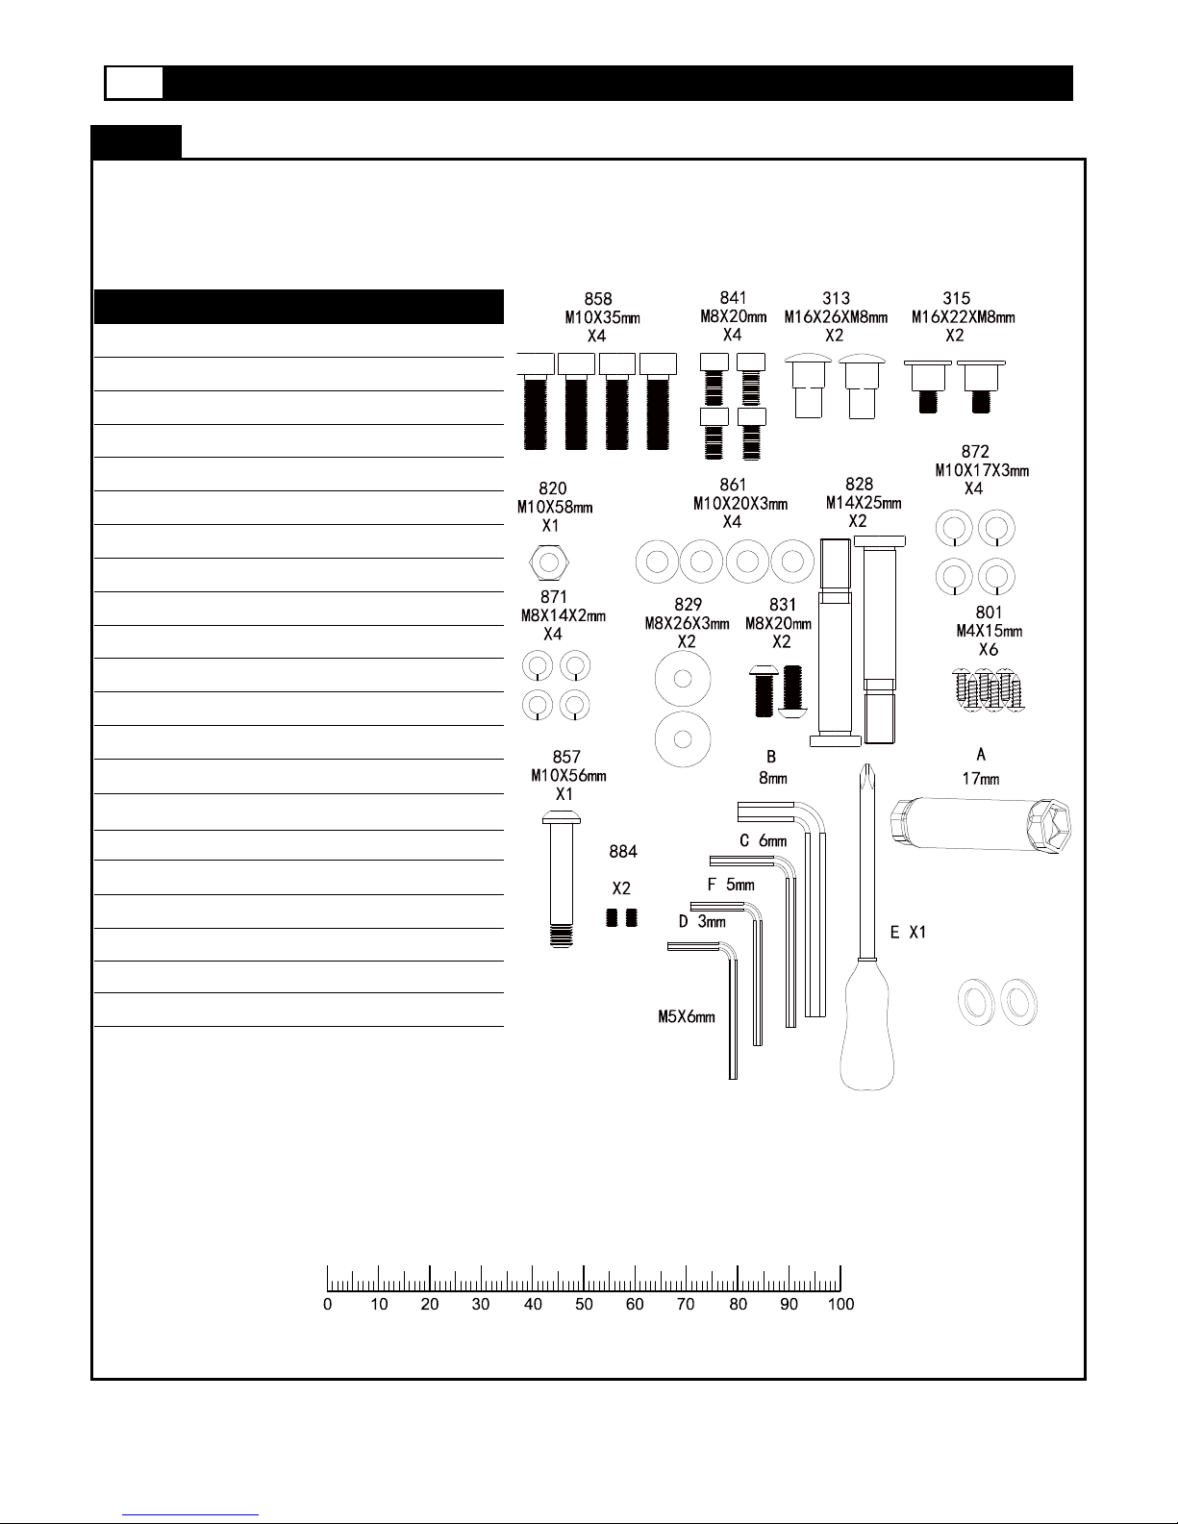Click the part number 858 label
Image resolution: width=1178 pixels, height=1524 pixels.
[598, 299]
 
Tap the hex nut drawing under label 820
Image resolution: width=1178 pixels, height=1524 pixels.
[549, 562]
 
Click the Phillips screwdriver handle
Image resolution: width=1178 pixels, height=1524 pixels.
[867, 1023]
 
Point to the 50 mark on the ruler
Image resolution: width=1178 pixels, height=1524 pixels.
[584, 1279]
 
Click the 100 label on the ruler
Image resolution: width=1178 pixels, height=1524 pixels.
[840, 1305]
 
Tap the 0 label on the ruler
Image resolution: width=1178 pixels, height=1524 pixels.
[328, 1305]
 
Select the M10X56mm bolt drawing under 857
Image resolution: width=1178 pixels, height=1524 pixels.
[561, 879]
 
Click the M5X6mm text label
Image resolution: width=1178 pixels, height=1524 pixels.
[687, 1017]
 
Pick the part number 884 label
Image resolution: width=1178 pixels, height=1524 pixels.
[623, 851]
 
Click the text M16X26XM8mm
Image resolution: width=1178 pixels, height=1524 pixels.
[836, 317]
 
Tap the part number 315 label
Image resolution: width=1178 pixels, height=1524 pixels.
[957, 299]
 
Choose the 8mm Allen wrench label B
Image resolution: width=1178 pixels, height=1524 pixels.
[771, 758]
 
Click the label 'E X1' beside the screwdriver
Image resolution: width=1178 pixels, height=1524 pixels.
[908, 932]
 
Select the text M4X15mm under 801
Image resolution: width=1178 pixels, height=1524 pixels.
[990, 631]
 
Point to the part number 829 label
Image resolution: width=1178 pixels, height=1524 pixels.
[688, 605]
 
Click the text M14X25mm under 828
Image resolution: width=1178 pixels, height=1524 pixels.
[864, 503]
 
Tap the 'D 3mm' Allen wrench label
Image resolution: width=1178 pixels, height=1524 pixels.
[702, 921]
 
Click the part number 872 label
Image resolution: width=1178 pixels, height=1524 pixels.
[975, 452]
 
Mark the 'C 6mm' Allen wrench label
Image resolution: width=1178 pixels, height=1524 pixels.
[763, 841]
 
